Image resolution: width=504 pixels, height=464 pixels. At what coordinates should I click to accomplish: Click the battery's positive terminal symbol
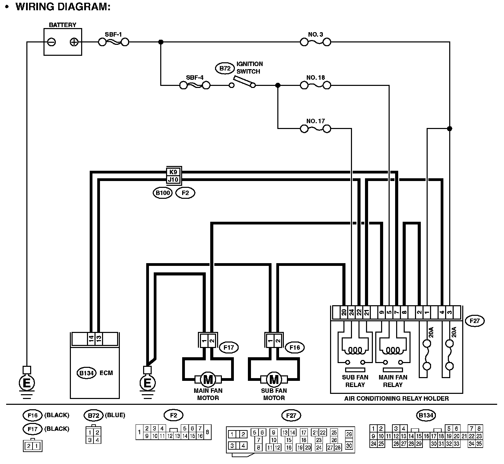[x=74, y=42]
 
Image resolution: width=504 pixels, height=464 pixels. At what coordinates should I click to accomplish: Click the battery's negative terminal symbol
[x=52, y=42]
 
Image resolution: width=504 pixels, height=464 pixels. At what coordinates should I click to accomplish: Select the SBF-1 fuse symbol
[x=113, y=42]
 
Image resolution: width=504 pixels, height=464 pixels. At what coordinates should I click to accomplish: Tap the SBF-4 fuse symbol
[x=194, y=85]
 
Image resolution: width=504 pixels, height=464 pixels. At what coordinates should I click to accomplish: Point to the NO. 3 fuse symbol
[x=315, y=42]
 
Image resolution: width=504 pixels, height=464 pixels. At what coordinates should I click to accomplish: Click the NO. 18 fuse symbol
[x=315, y=85]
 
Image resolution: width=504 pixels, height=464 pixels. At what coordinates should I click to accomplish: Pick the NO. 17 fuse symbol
[x=315, y=129]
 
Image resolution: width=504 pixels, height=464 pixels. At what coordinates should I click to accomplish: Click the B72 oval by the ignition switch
[x=225, y=68]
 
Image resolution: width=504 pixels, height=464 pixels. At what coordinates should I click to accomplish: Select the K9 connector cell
[x=174, y=172]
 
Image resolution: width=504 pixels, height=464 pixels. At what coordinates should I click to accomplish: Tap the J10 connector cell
[x=174, y=179]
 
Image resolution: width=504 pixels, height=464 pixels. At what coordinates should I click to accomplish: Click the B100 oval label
[x=163, y=193]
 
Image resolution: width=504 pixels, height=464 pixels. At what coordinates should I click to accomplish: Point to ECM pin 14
[x=91, y=338]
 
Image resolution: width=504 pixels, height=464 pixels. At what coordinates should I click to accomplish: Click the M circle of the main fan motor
[x=208, y=379]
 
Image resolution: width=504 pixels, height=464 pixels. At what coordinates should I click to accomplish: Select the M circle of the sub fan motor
[x=274, y=379]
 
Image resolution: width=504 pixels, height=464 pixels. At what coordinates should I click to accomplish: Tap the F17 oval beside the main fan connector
[x=228, y=348]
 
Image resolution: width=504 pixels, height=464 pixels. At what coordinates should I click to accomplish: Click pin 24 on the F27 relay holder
[x=351, y=312]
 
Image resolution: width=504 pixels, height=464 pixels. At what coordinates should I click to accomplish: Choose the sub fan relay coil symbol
[x=355, y=351]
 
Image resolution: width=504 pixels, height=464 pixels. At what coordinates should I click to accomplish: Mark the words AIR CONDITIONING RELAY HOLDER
[x=396, y=398]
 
